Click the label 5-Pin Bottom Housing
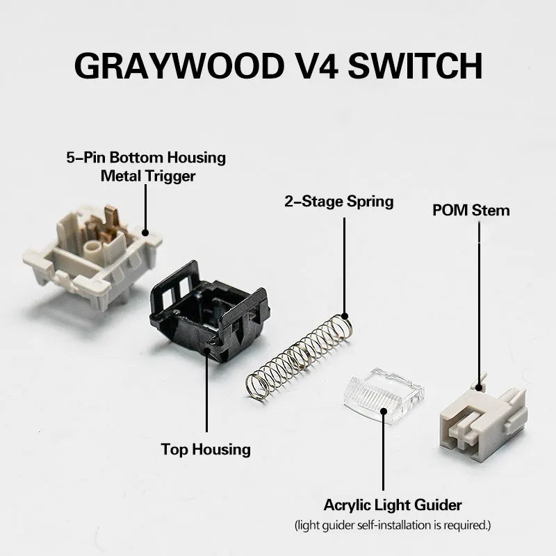146,157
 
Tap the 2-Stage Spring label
338,202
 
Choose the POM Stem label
471,209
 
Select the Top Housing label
206,449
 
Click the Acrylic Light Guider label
393,505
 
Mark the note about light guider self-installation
393,525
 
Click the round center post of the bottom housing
91,246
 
